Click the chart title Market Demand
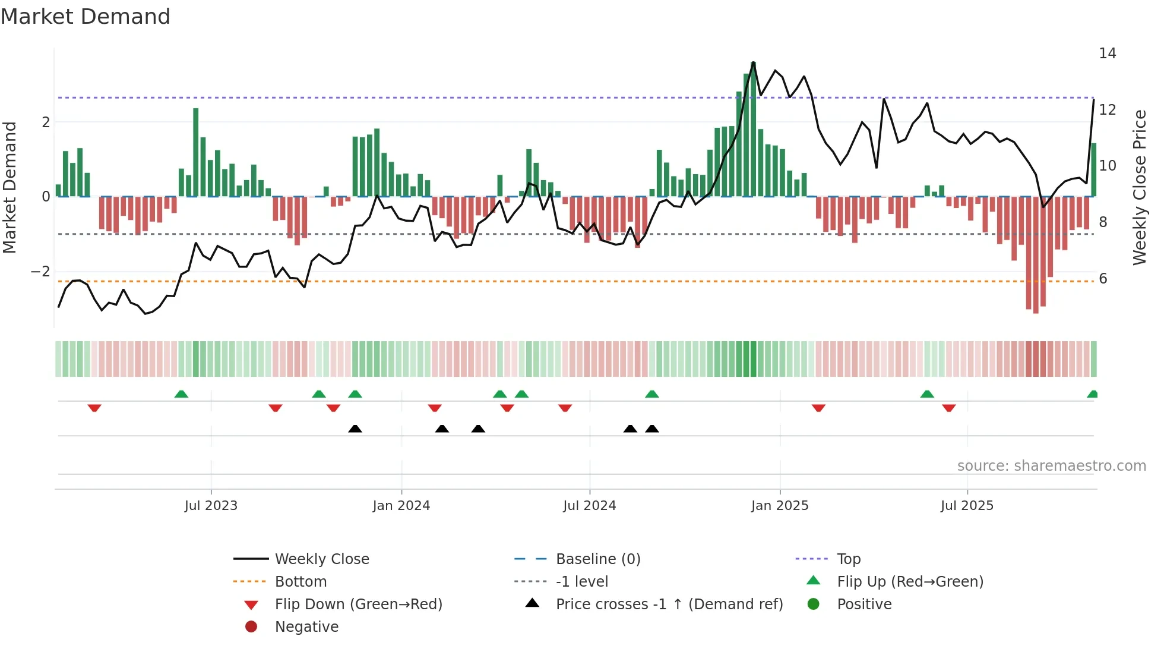86,17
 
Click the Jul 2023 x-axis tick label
211,506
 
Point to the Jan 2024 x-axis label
401,506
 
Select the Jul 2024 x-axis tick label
589,506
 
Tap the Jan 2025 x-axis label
779,506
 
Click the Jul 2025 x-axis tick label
967,506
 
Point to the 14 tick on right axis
1107,53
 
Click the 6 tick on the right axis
1103,279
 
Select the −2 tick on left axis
41,272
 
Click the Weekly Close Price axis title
1139,187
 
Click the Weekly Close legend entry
321,559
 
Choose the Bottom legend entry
301,582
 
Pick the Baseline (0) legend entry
597,559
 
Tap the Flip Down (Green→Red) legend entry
358,604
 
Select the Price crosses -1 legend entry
669,604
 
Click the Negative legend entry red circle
251,627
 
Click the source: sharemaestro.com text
1051,466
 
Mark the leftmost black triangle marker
355,429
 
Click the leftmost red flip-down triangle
94,408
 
